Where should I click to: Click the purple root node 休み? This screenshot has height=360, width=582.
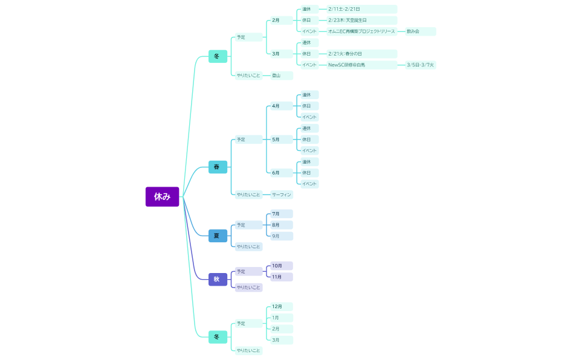(162, 196)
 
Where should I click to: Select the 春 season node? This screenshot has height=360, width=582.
(218, 167)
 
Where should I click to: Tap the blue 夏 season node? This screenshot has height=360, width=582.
(218, 236)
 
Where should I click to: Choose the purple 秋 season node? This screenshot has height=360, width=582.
(218, 279)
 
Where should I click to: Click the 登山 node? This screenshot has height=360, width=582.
(281, 76)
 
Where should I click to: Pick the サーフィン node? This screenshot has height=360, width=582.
(282, 194)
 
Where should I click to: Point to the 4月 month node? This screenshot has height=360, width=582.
(280, 106)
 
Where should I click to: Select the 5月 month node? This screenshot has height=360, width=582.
(280, 140)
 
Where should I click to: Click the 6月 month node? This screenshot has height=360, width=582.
(280, 173)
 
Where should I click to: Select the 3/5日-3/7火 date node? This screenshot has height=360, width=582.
(420, 65)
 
